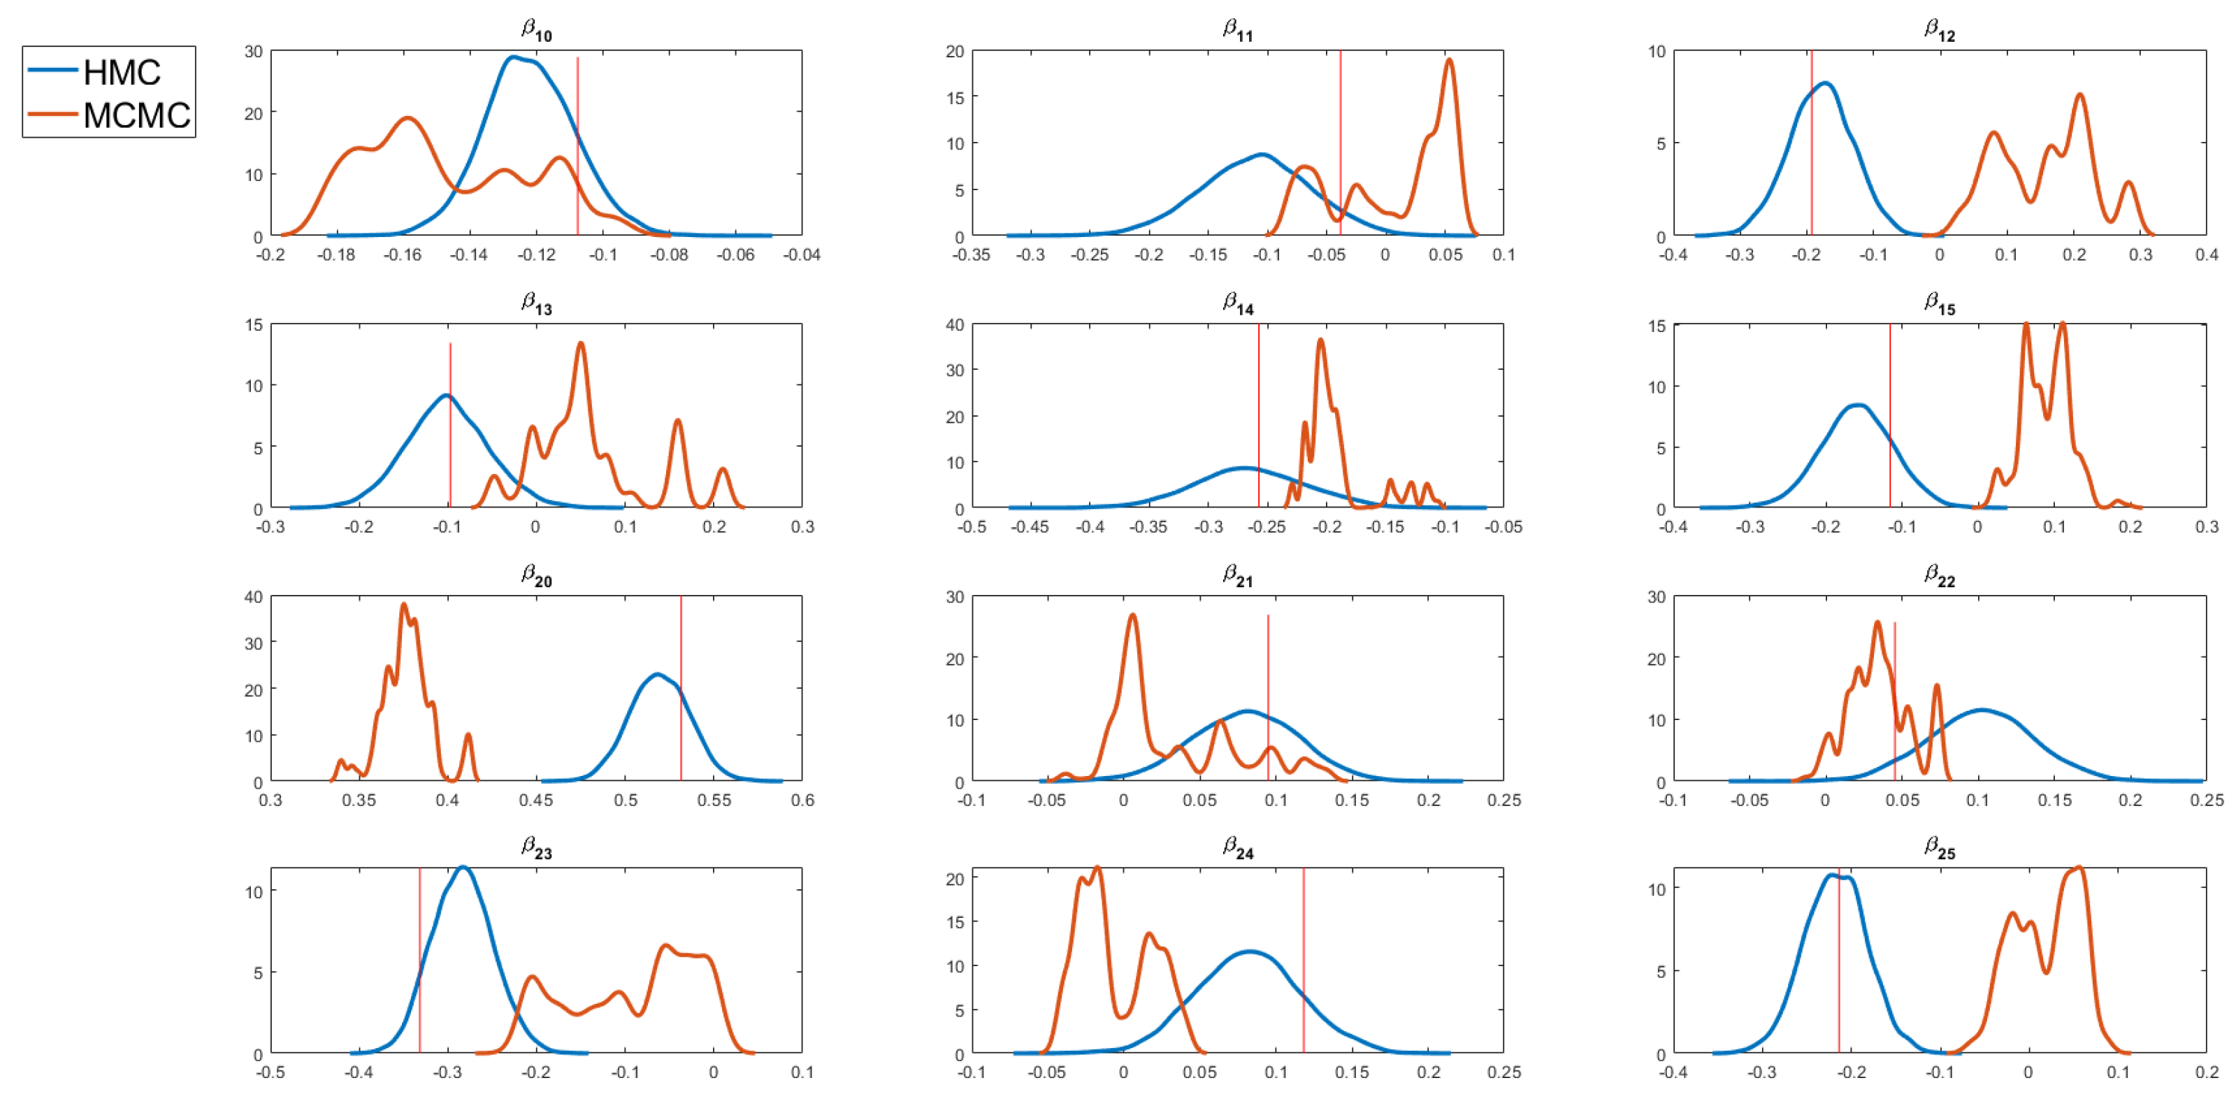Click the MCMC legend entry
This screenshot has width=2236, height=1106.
108,115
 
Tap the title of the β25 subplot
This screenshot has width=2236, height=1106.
1939,847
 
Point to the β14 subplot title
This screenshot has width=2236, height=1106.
1238,302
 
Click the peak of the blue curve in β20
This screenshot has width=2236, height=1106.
657,675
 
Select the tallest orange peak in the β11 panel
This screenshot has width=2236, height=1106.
1449,60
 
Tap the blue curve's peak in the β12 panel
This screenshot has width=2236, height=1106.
1826,83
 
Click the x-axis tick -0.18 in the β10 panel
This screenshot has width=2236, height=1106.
336,254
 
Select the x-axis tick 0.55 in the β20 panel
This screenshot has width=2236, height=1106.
714,800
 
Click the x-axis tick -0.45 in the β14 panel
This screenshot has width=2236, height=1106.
1030,527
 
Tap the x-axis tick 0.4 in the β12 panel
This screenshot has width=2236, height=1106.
2206,254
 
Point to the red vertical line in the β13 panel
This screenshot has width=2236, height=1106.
449,425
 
